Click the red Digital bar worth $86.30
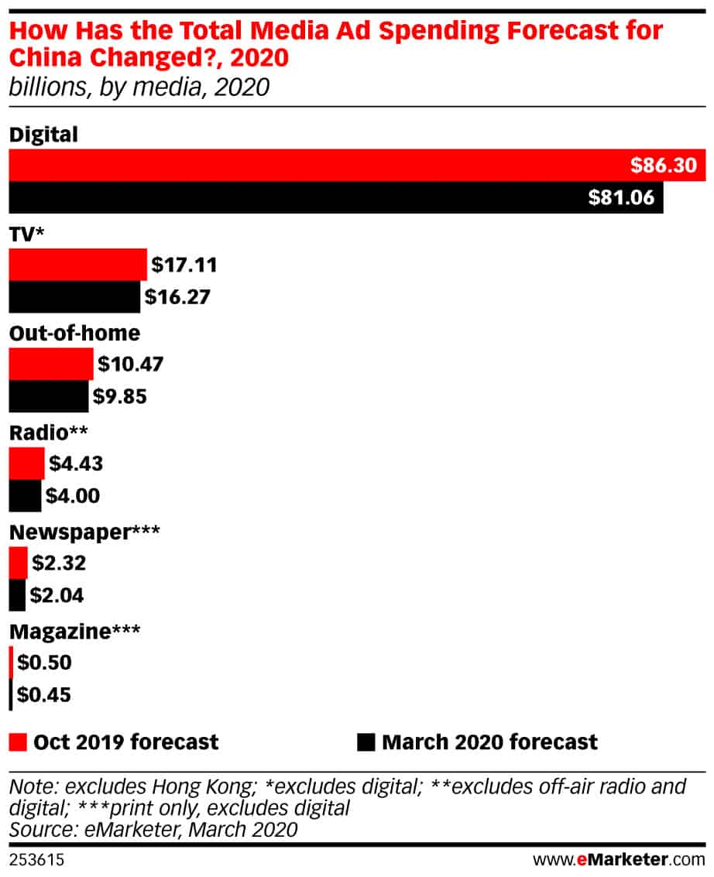(356, 165)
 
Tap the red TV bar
(77, 265)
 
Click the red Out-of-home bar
(51, 364)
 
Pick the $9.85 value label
(119, 396)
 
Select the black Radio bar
(25, 495)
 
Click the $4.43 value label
(75, 464)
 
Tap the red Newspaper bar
(18, 563)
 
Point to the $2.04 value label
(57, 595)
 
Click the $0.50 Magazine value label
(43, 663)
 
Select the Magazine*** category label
(74, 632)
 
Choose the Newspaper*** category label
(84, 533)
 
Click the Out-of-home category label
(74, 333)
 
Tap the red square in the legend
(19, 742)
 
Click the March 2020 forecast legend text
(489, 742)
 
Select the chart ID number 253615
(36, 859)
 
